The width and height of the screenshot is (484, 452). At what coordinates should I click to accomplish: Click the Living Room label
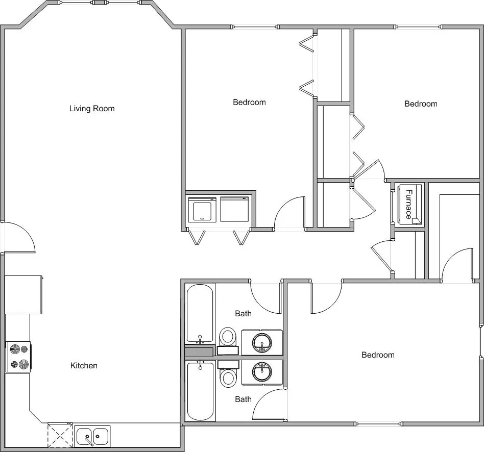pyautogui.click(x=92, y=108)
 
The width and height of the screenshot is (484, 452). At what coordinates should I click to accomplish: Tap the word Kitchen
pyautogui.click(x=84, y=365)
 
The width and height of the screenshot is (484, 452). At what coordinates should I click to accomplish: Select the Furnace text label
pyautogui.click(x=409, y=204)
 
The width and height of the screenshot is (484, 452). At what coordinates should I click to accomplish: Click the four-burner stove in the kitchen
pyautogui.click(x=18, y=357)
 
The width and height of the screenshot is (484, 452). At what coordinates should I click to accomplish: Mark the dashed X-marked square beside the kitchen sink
pyautogui.click(x=60, y=435)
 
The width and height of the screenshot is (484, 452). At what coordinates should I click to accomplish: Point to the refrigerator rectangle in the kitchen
pyautogui.click(x=23, y=295)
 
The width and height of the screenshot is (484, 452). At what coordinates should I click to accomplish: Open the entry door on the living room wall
pyautogui.click(x=18, y=238)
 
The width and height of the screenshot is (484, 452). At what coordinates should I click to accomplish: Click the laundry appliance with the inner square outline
pyautogui.click(x=202, y=209)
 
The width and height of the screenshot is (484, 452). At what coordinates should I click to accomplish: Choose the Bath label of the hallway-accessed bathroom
pyautogui.click(x=243, y=313)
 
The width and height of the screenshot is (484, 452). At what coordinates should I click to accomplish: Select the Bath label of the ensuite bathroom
pyautogui.click(x=243, y=399)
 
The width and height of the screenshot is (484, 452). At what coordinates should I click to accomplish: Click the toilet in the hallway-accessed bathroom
pyautogui.click(x=228, y=337)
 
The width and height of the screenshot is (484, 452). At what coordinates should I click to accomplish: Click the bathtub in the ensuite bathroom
pyautogui.click(x=200, y=392)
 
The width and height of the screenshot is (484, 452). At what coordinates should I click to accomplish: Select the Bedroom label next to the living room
pyautogui.click(x=249, y=102)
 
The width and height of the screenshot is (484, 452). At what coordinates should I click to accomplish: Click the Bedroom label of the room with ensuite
pyautogui.click(x=378, y=355)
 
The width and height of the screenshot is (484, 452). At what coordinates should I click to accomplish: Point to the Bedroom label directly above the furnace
pyautogui.click(x=421, y=104)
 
